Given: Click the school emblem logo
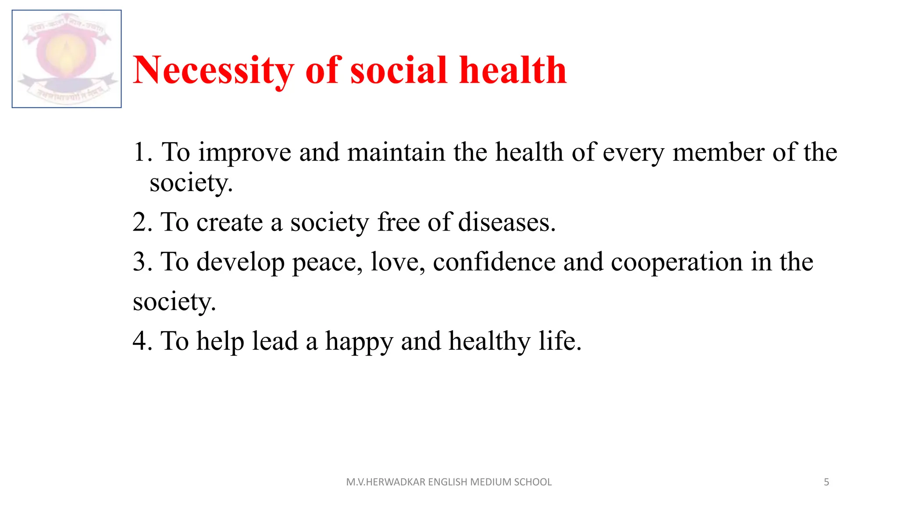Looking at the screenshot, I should click(67, 59).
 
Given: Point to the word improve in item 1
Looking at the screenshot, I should click(245, 153).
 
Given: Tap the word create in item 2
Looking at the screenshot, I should click(229, 222).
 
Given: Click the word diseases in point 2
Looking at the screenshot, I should click(506, 222).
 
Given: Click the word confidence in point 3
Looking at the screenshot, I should click(494, 262).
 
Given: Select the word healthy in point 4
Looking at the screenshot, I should click(490, 341).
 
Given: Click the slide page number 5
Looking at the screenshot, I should click(827, 482).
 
